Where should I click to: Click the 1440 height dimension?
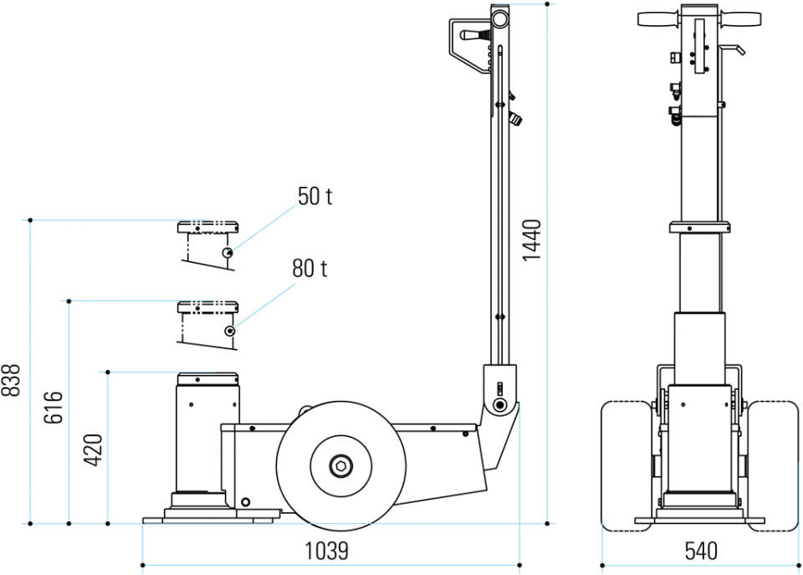click(532, 240)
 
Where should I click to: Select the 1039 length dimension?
click(327, 552)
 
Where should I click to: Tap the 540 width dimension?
click(701, 552)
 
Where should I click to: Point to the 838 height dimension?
click(10, 380)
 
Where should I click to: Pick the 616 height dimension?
click(53, 408)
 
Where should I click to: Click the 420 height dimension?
click(93, 450)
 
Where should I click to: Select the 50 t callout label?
click(315, 197)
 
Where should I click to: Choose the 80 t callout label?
click(309, 269)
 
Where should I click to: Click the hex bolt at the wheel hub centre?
click(340, 466)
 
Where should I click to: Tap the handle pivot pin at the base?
click(499, 405)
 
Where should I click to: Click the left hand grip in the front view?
click(658, 19)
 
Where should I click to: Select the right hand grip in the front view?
click(740, 19)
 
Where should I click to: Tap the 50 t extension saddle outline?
click(208, 227)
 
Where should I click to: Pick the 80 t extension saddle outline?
click(208, 307)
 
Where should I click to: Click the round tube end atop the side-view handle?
click(499, 20)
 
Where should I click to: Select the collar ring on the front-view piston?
click(699, 227)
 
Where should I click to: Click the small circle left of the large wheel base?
click(245, 501)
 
